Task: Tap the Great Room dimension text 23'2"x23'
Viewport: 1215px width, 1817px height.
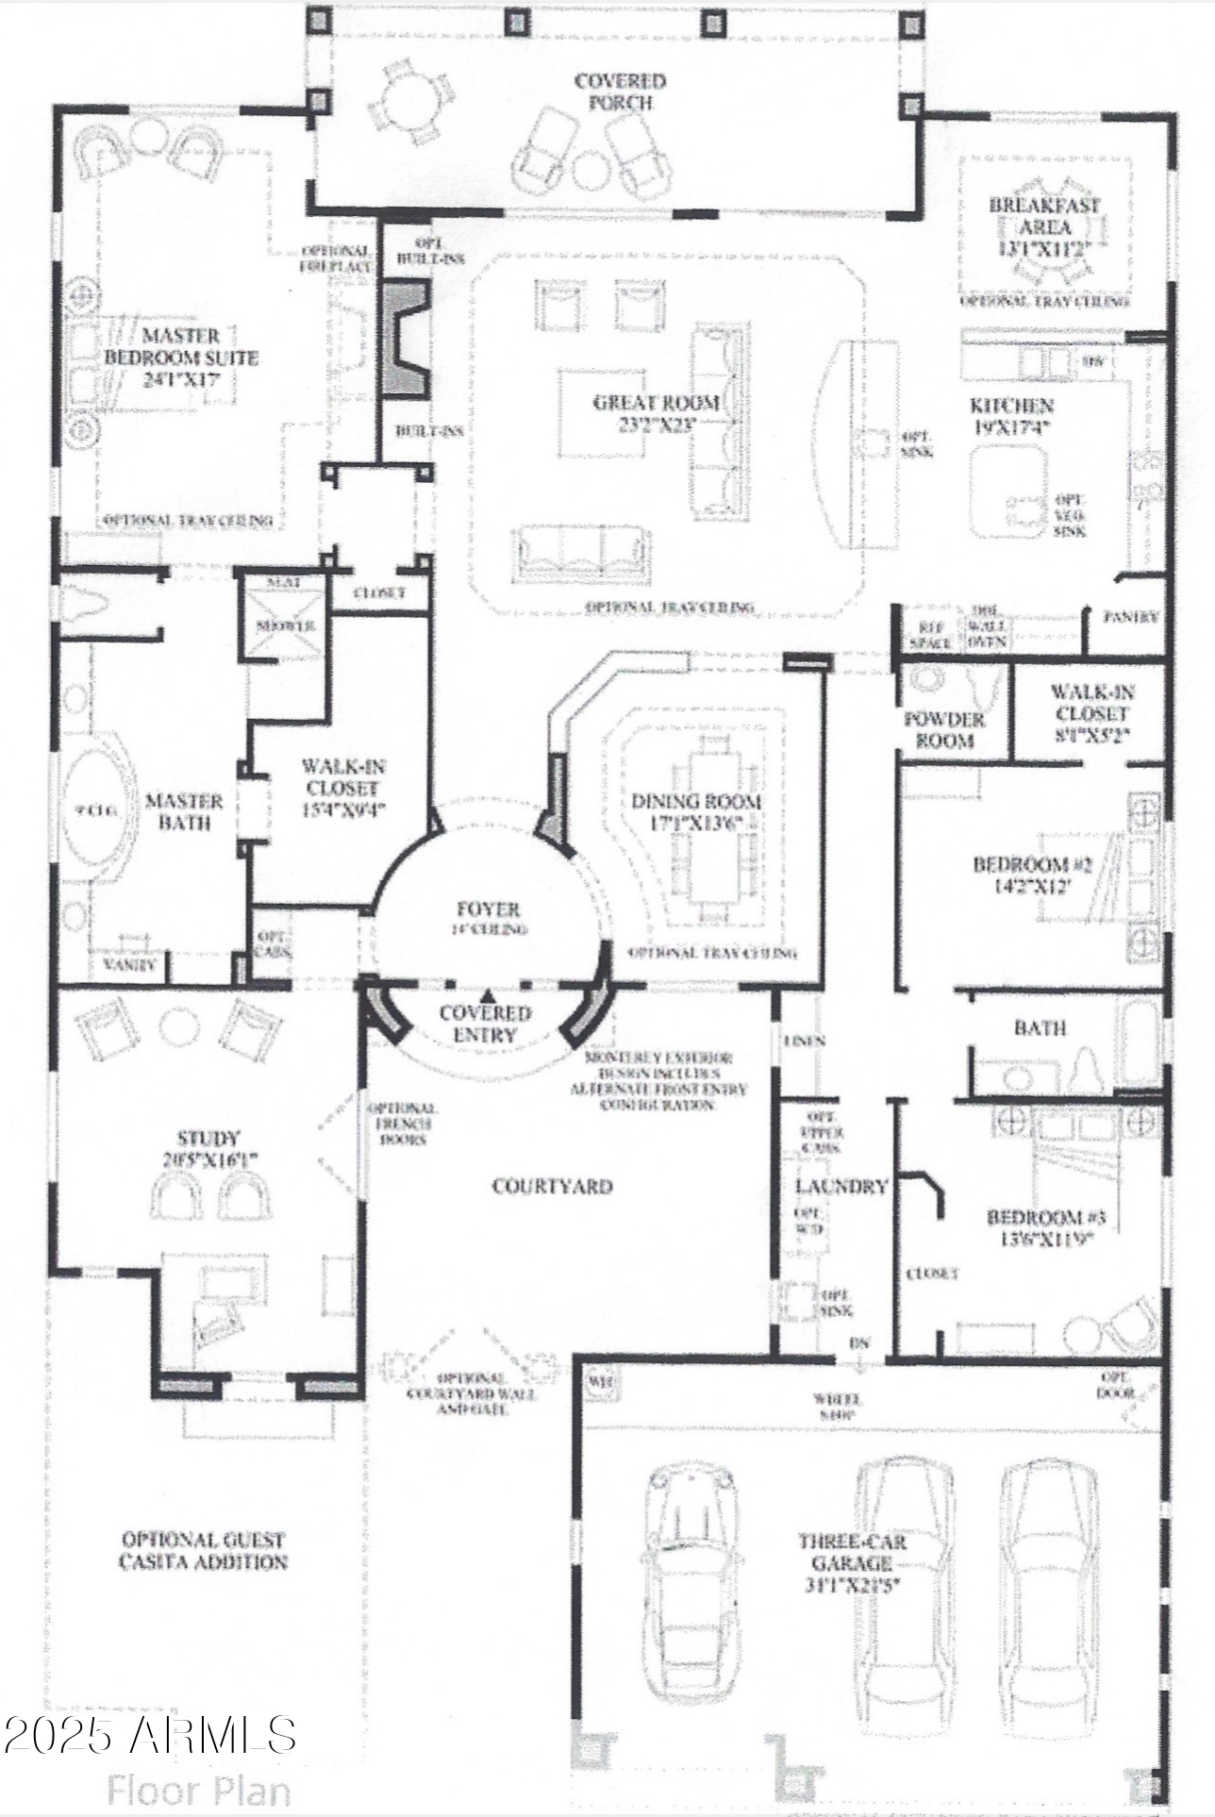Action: tap(657, 425)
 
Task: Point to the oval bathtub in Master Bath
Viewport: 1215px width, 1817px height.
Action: tap(97, 809)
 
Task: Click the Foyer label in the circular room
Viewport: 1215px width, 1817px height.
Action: tap(488, 909)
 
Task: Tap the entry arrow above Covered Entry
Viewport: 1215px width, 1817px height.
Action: tap(488, 994)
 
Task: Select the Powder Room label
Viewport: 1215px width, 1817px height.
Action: tap(944, 730)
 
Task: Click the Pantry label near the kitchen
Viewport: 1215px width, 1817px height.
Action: tap(1131, 617)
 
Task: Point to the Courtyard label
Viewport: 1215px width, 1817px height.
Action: tap(553, 1186)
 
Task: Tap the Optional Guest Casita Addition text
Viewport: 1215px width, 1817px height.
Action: tap(203, 1551)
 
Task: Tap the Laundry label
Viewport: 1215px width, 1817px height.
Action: tap(841, 1187)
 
